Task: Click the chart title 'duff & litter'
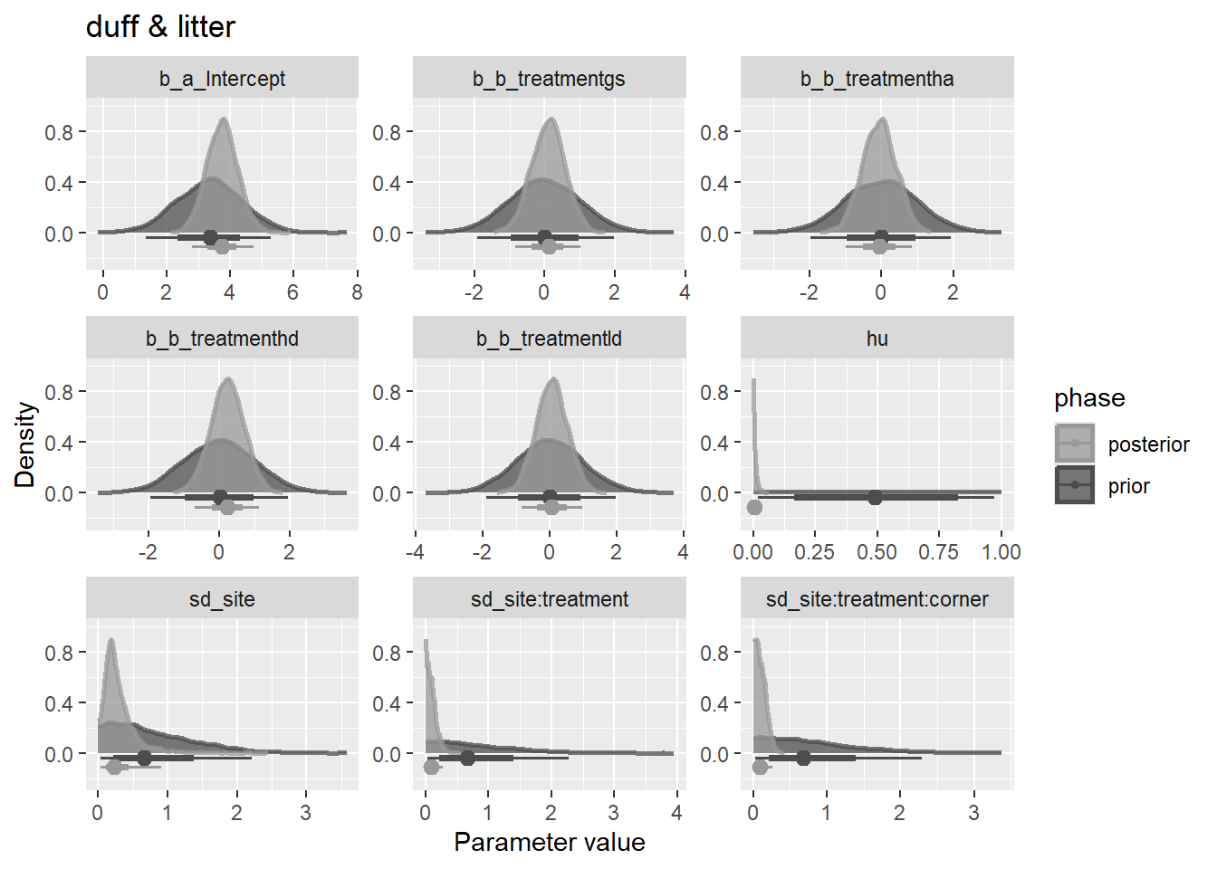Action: [160, 27]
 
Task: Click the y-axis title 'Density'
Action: [25, 444]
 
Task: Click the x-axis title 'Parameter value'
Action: [549, 842]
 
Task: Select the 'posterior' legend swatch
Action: [1074, 444]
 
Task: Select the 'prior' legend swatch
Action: [1074, 485]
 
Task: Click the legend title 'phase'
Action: [1089, 398]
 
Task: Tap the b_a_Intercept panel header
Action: [222, 79]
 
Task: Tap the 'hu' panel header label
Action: [877, 339]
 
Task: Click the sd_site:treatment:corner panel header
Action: [877, 599]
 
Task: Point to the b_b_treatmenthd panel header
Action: [222, 339]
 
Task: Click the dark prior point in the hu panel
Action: [875, 497]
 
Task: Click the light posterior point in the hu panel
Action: [754, 507]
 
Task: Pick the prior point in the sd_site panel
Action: [144, 758]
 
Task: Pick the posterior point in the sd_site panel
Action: [114, 767]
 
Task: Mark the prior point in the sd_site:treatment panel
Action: [467, 758]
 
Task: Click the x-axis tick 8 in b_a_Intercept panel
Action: [357, 292]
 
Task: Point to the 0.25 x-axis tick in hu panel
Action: [815, 552]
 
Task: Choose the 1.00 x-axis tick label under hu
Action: [1001, 552]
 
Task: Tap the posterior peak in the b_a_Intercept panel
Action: [223, 119]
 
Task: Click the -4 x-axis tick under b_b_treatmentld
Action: [415, 552]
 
